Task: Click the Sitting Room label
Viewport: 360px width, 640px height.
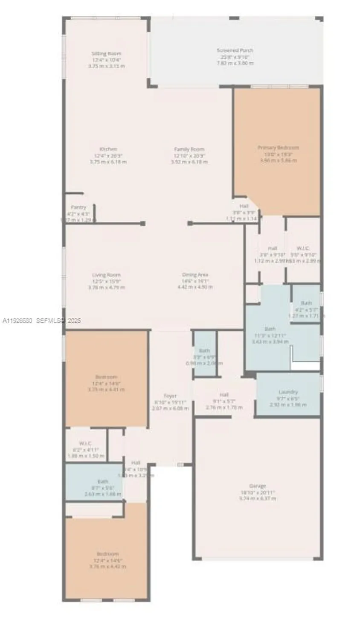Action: [106, 54]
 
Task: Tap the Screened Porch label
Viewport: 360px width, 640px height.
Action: [235, 50]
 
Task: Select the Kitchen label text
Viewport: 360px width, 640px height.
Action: [108, 149]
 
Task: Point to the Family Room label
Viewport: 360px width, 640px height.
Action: [189, 149]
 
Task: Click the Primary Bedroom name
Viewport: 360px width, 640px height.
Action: [278, 148]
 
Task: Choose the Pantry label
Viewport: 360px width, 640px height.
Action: [78, 207]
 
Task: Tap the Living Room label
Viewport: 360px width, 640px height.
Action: [106, 275]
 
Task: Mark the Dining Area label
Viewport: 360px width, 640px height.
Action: [195, 275]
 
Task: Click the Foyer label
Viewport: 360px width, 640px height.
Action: [170, 396]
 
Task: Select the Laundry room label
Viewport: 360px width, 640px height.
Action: [288, 392]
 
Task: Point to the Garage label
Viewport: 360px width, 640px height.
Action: [257, 486]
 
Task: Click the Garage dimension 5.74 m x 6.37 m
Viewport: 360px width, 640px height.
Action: [257, 498]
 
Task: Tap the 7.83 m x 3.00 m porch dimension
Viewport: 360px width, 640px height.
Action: [235, 63]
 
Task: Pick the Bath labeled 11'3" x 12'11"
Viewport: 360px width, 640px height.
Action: [270, 329]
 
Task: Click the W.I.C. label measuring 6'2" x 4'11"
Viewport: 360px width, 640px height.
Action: [85, 444]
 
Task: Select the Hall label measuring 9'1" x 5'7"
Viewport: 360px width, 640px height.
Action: [224, 395]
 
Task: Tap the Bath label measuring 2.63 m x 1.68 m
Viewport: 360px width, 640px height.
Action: [102, 494]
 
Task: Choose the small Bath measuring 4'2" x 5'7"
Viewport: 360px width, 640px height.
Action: [306, 303]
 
